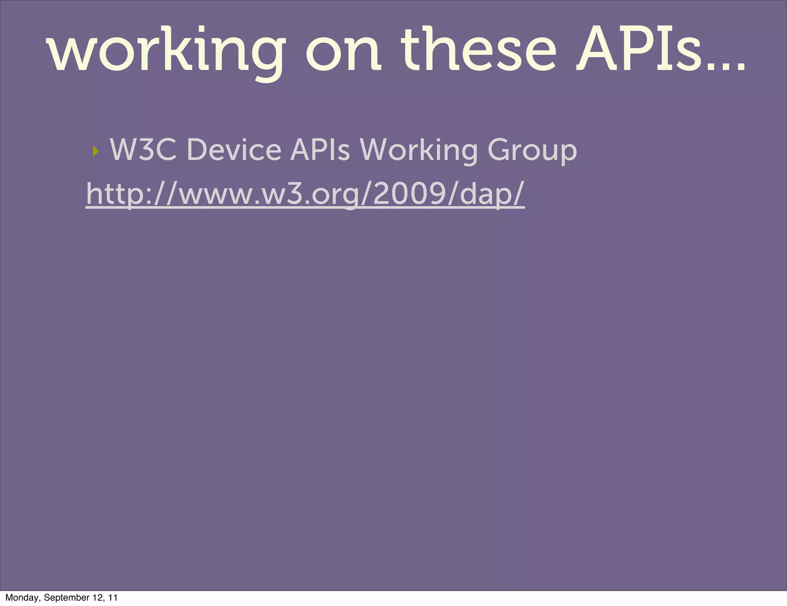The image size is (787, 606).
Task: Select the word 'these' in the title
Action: point(478,50)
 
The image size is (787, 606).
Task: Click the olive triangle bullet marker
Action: point(96,151)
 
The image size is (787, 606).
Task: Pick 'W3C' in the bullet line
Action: point(143,150)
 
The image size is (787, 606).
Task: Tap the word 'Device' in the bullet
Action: point(234,150)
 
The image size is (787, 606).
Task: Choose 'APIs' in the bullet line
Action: point(320,150)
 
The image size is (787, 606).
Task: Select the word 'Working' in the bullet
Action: point(418,150)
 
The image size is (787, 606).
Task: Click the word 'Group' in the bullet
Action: point(532,150)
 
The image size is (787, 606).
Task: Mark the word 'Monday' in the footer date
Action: point(22,598)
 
